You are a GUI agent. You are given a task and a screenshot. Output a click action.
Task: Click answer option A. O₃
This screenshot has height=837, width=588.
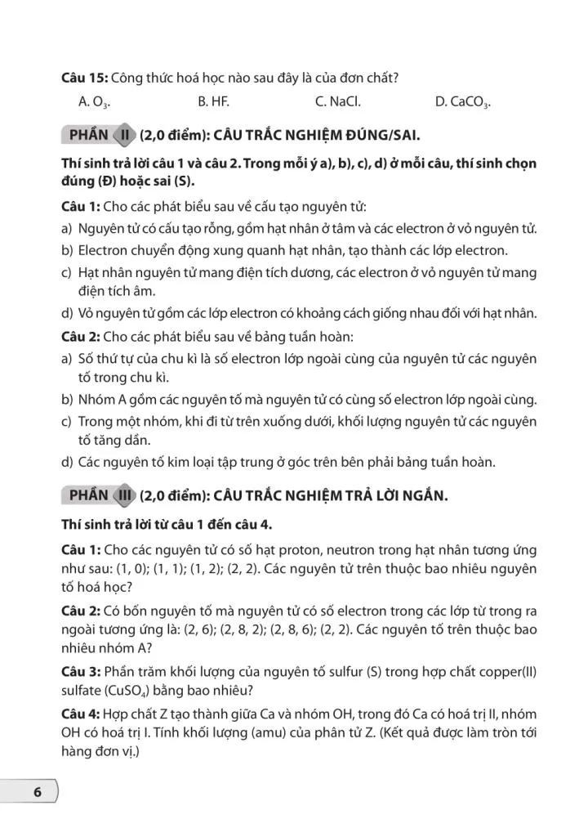[x=94, y=102]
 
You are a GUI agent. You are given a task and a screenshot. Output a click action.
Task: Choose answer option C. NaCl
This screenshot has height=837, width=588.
[x=337, y=102]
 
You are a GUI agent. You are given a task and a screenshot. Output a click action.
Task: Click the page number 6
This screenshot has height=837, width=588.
[x=36, y=793]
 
